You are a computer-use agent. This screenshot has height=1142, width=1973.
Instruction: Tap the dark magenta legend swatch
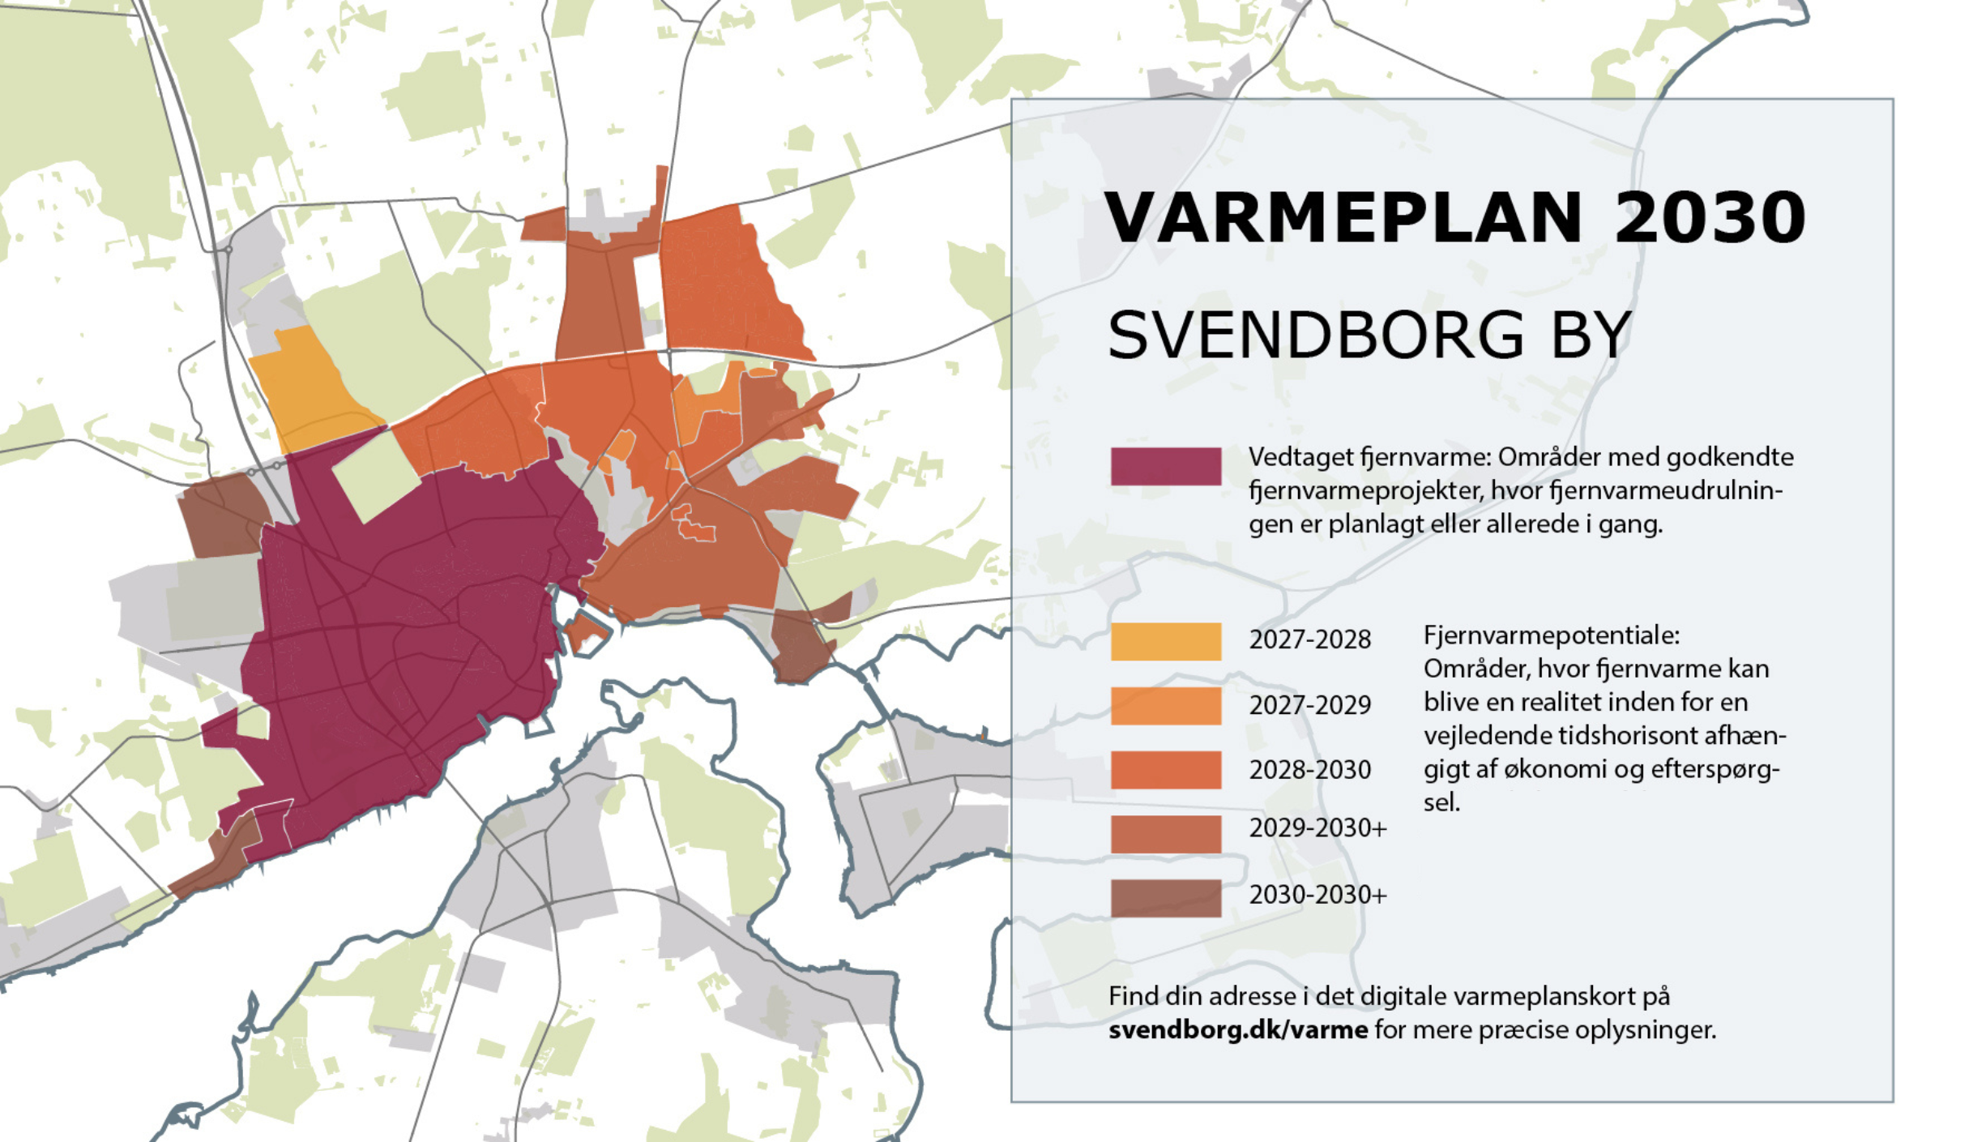pyautogui.click(x=1165, y=466)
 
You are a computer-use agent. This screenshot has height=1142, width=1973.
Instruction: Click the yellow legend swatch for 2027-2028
pyautogui.click(x=1165, y=641)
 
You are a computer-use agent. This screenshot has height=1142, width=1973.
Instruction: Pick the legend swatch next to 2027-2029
pyautogui.click(x=1165, y=705)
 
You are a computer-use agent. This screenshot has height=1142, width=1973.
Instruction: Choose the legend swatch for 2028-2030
pyautogui.click(x=1165, y=769)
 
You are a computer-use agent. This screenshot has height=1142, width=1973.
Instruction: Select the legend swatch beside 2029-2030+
pyautogui.click(x=1165, y=833)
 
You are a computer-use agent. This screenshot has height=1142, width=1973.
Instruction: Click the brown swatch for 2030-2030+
pyautogui.click(x=1165, y=897)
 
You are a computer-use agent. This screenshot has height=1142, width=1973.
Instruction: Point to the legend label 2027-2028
pyautogui.click(x=1309, y=639)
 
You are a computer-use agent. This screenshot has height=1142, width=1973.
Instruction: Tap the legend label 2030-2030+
pyautogui.click(x=1317, y=895)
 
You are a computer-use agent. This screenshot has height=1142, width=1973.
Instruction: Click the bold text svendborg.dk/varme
pyautogui.click(x=1237, y=1030)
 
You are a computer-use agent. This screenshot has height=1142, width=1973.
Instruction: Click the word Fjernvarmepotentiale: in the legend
pyautogui.click(x=1551, y=635)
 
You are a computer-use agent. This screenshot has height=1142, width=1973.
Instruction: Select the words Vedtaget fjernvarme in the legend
pyautogui.click(x=1369, y=457)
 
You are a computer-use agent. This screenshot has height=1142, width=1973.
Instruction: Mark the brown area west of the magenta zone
pyautogui.click(x=220, y=515)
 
